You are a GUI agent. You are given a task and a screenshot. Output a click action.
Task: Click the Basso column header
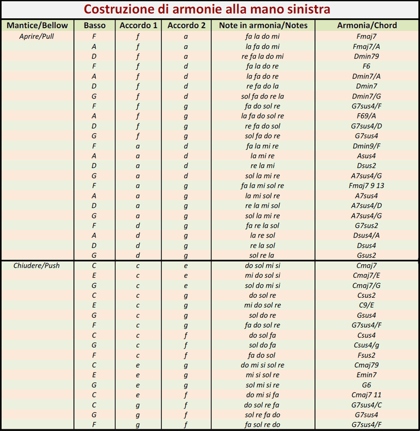[94, 25]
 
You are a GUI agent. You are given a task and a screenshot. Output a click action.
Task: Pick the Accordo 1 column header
[138, 25]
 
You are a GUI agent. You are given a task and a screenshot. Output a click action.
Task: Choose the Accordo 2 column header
[186, 25]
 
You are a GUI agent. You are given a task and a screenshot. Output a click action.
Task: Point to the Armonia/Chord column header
[367, 25]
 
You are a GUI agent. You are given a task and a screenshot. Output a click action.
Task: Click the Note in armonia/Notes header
[263, 25]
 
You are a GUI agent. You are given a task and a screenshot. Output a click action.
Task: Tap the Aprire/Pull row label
[33, 37]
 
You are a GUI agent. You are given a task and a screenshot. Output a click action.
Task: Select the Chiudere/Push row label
[36, 265]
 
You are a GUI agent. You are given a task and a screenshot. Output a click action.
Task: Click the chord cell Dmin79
[367, 57]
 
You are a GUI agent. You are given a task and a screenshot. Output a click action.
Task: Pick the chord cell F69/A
[367, 116]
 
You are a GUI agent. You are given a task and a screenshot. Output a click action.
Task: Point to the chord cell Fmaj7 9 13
[367, 186]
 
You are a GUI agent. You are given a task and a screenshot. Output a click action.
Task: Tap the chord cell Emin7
[367, 375]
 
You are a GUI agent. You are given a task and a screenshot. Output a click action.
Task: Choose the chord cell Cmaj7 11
[367, 395]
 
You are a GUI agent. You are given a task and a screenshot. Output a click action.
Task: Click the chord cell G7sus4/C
[367, 405]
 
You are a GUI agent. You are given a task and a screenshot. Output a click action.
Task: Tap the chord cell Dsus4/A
[367, 235]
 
